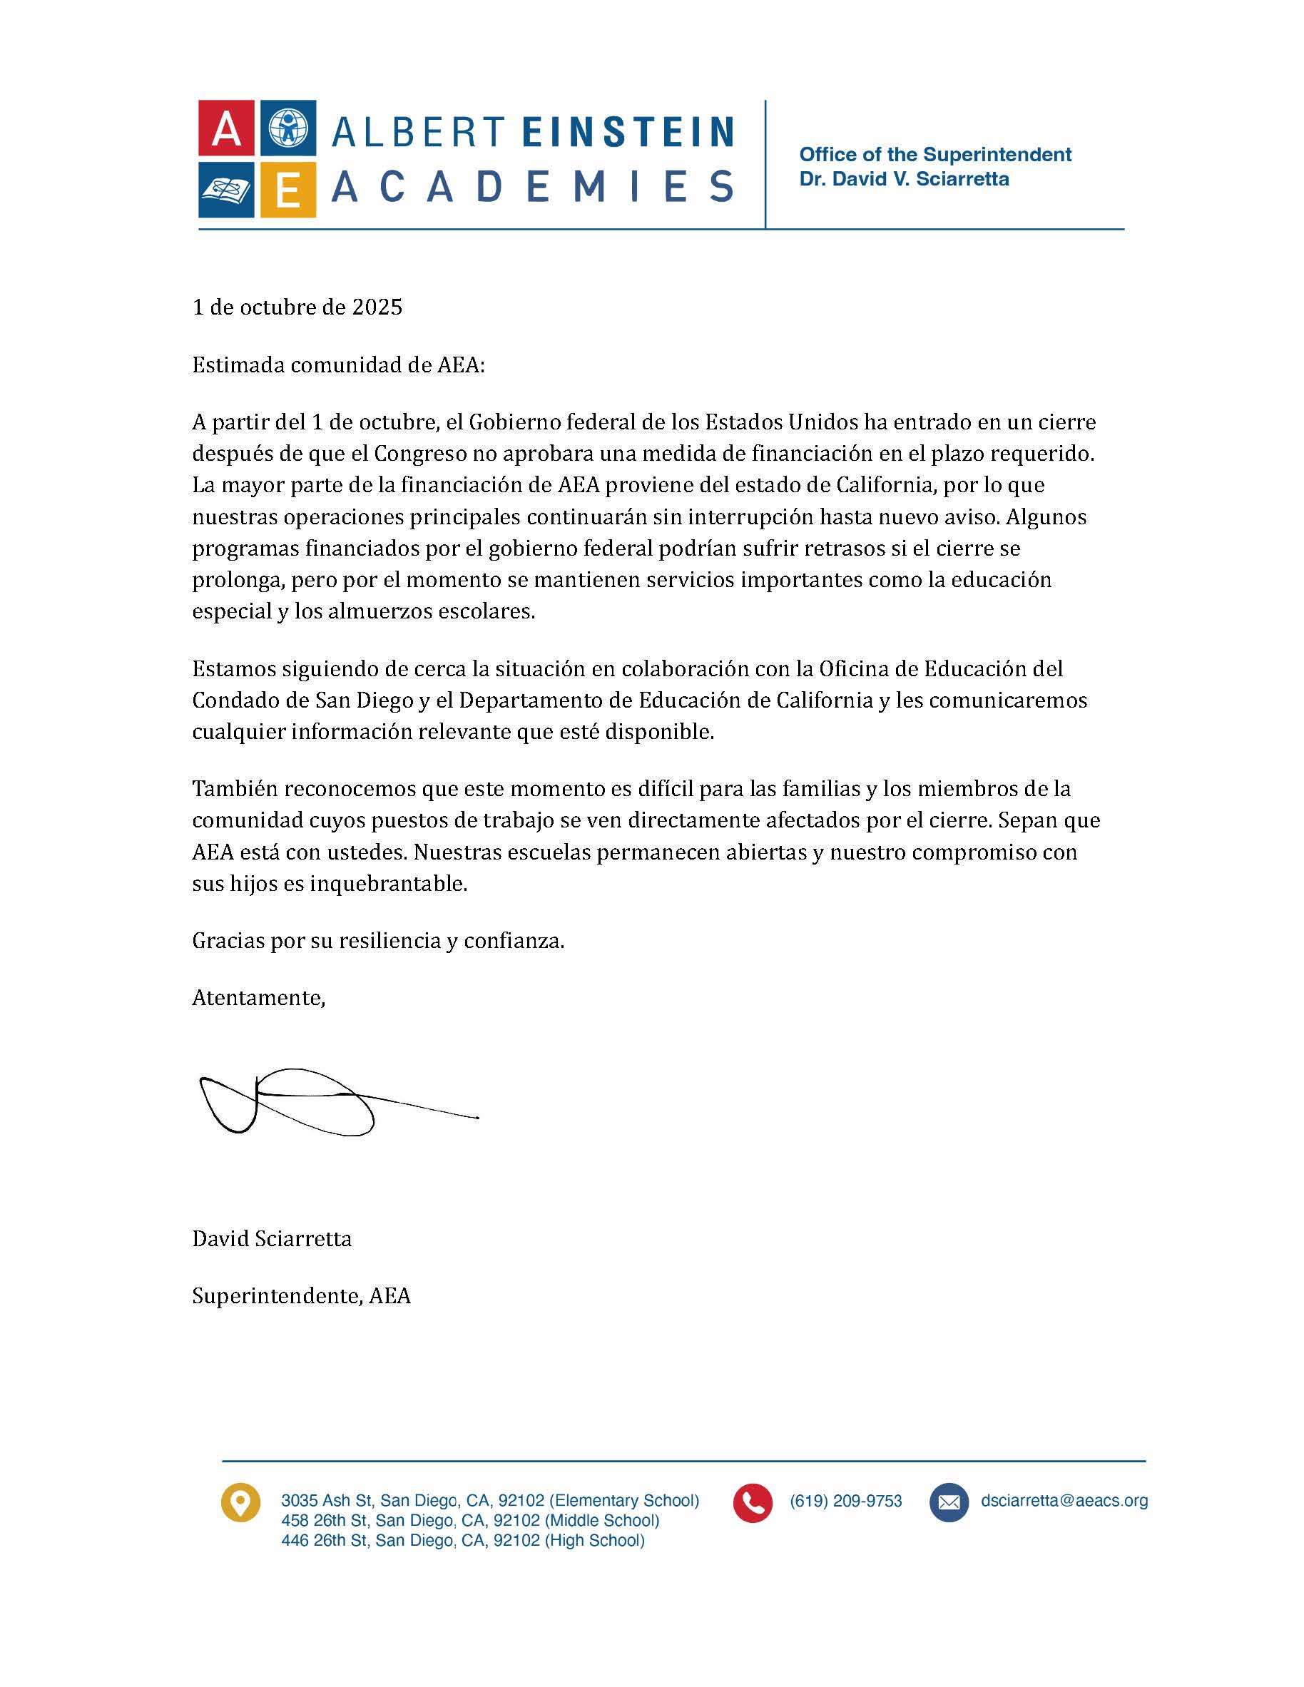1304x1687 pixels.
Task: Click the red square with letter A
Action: (225, 128)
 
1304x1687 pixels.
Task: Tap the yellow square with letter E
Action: (287, 189)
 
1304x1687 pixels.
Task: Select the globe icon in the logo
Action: (287, 128)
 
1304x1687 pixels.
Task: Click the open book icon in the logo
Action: (225, 189)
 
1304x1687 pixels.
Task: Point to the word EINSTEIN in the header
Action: (628, 132)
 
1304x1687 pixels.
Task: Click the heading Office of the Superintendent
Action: (934, 155)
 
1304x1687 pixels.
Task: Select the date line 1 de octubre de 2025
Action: (297, 307)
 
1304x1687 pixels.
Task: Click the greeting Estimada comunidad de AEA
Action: (338, 365)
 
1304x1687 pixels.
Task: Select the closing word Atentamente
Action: (259, 998)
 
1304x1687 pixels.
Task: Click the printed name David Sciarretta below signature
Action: (272, 1239)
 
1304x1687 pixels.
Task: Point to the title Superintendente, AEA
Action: (301, 1296)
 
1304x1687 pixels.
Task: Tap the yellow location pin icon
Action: (240, 1503)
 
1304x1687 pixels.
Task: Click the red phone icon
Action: (753, 1503)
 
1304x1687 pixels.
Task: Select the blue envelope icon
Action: (949, 1503)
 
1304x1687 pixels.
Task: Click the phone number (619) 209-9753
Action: (846, 1502)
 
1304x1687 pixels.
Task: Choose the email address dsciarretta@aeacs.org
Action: (1064, 1501)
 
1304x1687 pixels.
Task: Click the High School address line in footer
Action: (462, 1541)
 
